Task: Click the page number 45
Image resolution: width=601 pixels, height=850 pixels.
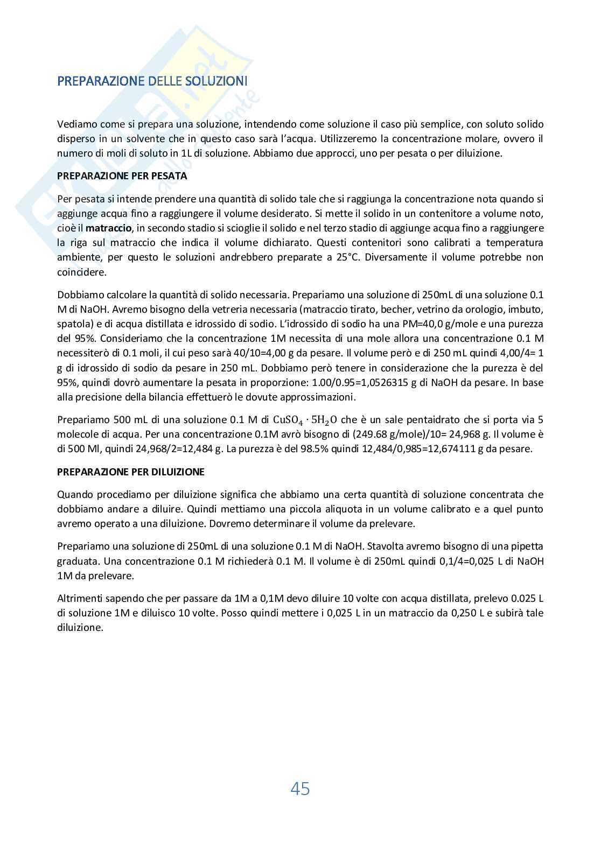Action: tap(300, 789)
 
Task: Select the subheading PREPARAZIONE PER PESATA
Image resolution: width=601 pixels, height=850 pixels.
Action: tap(122, 176)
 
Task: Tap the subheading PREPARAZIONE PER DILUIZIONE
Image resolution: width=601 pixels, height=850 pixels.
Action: tap(131, 472)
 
